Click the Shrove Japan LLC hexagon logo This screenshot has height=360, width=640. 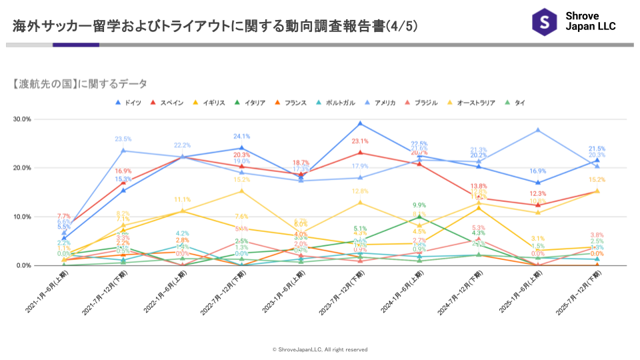click(544, 21)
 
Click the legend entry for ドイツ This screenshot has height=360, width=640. click(129, 103)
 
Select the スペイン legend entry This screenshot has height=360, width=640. click(167, 103)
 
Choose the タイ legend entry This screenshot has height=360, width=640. click(515, 103)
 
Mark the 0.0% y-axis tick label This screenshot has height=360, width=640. click(23, 265)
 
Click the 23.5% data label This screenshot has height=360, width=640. click(123, 139)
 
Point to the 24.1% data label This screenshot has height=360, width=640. click(241, 137)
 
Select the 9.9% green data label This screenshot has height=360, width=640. click(419, 205)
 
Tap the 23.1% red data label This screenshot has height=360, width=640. click(360, 141)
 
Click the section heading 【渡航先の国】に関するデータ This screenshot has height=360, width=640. click(80, 83)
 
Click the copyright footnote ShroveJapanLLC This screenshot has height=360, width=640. click(320, 349)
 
